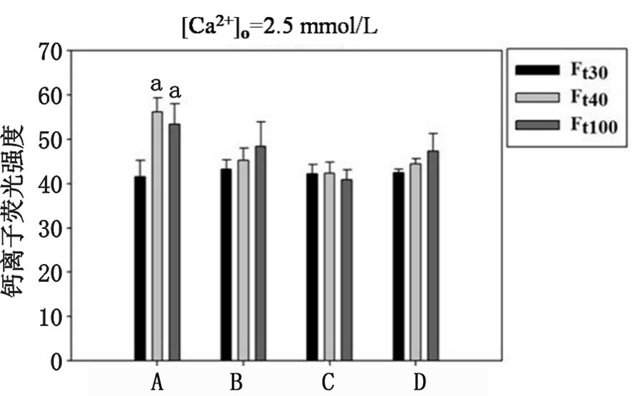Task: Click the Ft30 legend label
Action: (588, 70)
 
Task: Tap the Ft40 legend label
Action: (588, 98)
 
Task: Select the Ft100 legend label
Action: (591, 126)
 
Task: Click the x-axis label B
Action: (236, 382)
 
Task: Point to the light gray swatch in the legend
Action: (536, 98)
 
